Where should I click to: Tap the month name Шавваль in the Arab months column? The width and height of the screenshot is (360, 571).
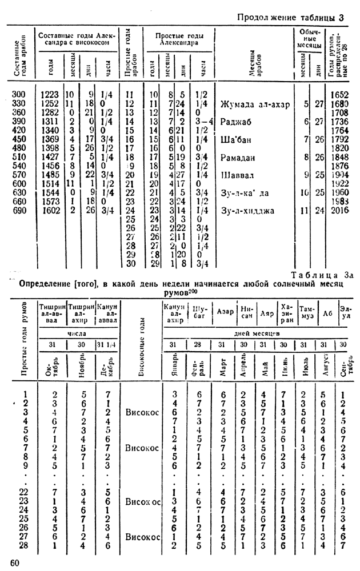pyautogui.click(x=239, y=174)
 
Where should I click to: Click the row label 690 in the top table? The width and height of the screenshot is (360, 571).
pyautogui.click(x=21, y=210)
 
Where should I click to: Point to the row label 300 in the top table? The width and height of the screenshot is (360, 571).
pyautogui.click(x=21, y=94)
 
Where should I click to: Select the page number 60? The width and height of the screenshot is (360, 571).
pyautogui.click(x=15, y=563)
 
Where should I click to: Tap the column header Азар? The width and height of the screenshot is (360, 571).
pyautogui.click(x=225, y=312)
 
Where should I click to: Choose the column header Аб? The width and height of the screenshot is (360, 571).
pyautogui.click(x=327, y=312)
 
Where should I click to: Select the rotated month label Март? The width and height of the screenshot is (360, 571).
pyautogui.click(x=225, y=364)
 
